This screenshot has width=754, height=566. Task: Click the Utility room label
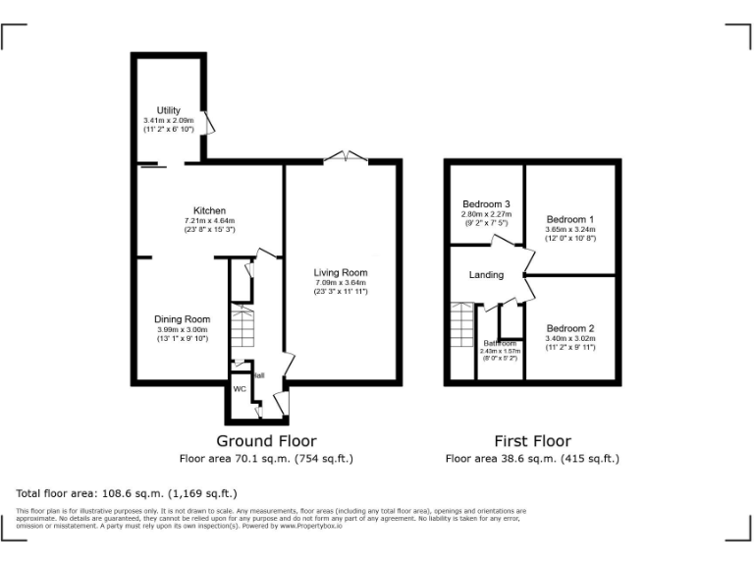tap(168, 110)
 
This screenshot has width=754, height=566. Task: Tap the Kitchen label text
tap(209, 211)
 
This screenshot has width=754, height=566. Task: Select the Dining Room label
tap(182, 319)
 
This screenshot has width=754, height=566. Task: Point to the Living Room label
tap(341, 273)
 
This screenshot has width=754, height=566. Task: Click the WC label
tap(240, 389)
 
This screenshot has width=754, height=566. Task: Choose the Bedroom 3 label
tap(486, 204)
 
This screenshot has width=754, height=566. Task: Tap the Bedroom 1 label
tap(570, 219)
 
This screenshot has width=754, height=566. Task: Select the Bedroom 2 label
tap(570, 328)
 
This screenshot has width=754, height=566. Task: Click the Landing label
tap(486, 275)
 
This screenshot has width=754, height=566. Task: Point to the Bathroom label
tap(499, 343)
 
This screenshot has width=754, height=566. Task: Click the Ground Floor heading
tap(266, 441)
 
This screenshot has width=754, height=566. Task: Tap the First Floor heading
tap(532, 441)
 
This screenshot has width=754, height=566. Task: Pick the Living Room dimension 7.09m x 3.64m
tap(341, 283)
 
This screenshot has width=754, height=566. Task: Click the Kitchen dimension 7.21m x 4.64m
tap(209, 221)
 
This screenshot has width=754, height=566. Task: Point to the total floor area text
tap(127, 493)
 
